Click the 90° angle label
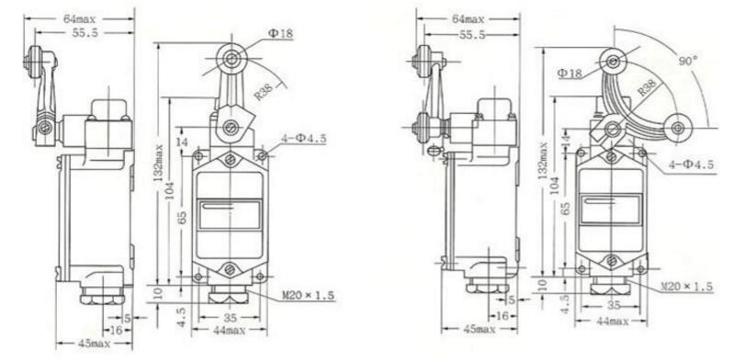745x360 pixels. coord(687,62)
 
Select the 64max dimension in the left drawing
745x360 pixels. coord(79,19)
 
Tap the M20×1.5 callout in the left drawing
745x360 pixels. coord(309,296)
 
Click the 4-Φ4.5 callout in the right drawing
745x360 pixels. coord(691,164)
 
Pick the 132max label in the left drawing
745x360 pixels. coord(159,163)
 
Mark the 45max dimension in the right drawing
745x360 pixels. coord(479,329)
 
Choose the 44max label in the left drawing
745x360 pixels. coord(229,330)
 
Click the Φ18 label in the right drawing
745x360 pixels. coord(570,73)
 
